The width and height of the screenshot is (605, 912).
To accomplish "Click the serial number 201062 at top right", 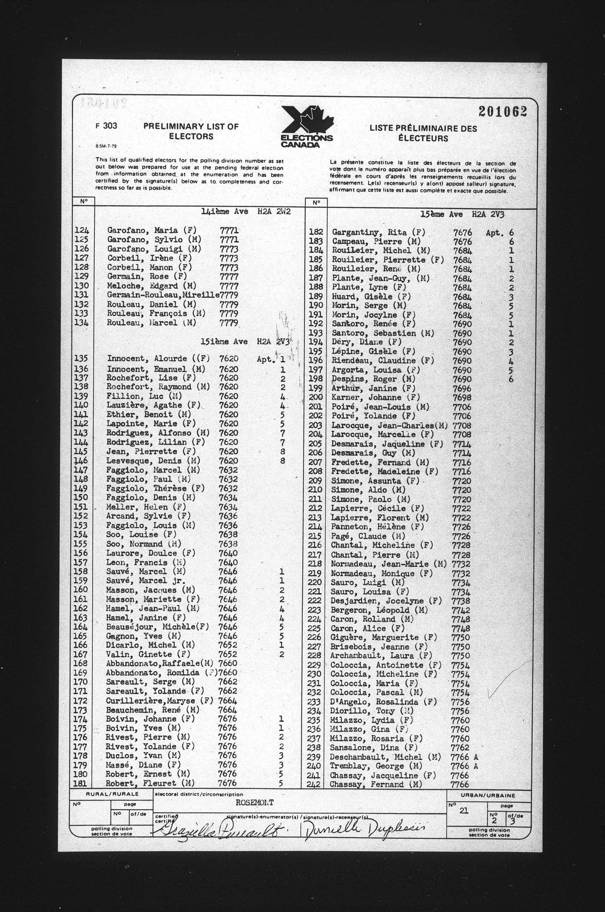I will click(503, 112).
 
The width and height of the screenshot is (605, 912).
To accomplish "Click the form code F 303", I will click(106, 125).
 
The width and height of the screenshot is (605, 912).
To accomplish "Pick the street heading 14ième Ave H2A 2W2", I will click(245, 212).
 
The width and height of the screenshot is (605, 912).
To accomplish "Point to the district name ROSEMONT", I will click(254, 802).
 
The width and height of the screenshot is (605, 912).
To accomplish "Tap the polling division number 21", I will click(463, 810).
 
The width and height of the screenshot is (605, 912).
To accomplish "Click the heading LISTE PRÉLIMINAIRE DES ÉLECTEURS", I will click(423, 133).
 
